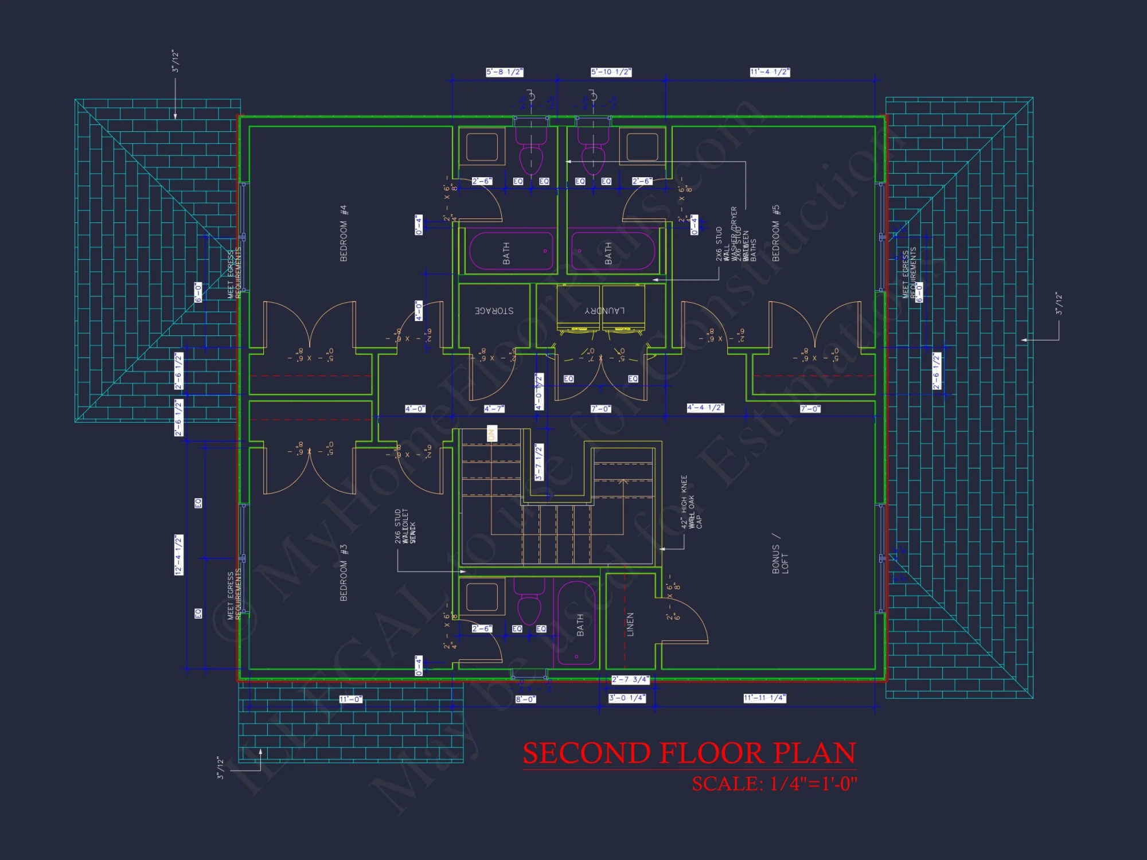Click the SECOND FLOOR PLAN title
tap(689, 753)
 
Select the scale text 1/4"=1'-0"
tap(813, 784)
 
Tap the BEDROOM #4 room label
tap(344, 233)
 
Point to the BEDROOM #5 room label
tap(776, 233)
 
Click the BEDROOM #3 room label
tap(344, 573)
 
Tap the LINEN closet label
tap(630, 624)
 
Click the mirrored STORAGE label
tap(494, 311)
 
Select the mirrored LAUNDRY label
tap(604, 311)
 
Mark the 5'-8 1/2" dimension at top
tap(505, 72)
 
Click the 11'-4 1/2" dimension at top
tap(770, 72)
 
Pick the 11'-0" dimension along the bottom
tap(350, 699)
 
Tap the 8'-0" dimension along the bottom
tap(525, 699)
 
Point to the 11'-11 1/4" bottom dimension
tap(764, 698)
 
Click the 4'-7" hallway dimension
tap(494, 409)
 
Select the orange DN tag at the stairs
tap(491, 434)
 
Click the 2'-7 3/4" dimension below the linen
tap(630, 679)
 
